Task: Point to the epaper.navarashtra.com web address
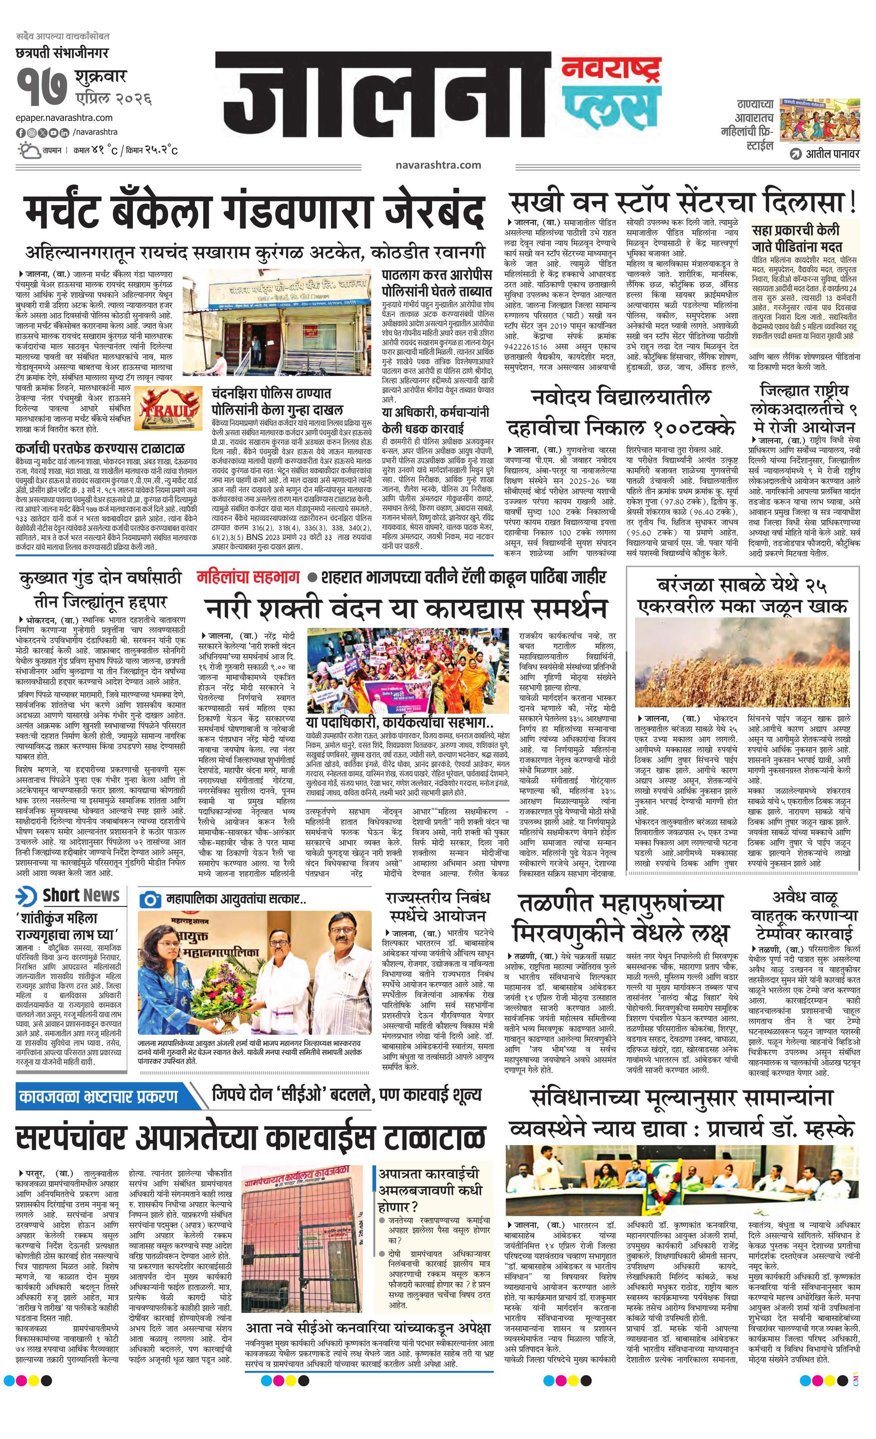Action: tap(64, 117)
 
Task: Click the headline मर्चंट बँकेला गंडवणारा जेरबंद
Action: tap(254, 213)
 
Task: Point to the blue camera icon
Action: tap(151, 899)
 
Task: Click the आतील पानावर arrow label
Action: tap(823, 154)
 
